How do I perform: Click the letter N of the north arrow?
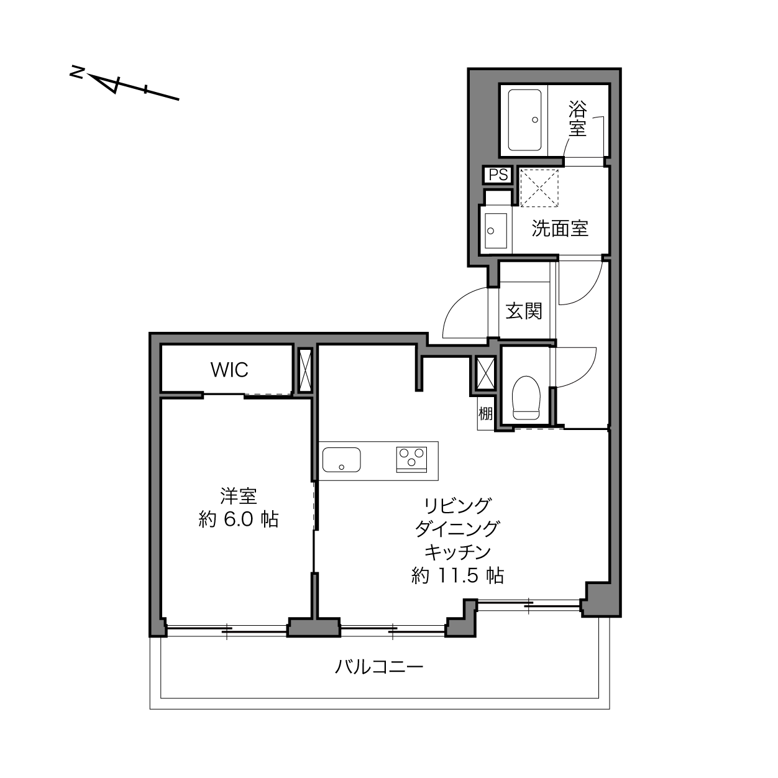point(76,72)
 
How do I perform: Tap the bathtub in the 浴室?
point(524,120)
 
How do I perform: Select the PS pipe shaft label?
point(498,175)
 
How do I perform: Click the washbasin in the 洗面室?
point(496,231)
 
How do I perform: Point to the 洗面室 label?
point(560,229)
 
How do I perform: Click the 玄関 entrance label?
point(524,311)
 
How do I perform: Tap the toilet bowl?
point(526,398)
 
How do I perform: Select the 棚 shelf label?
point(486,413)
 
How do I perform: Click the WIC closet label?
point(229,369)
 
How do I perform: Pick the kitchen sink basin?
point(341,459)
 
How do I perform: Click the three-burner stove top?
point(411,459)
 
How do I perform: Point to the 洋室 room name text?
point(238,496)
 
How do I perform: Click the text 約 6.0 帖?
point(238,519)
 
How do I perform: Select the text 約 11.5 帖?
point(457,575)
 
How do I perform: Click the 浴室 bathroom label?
point(577,118)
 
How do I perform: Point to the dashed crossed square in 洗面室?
point(539,188)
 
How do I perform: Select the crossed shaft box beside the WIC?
point(305,370)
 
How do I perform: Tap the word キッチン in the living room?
point(457,552)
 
